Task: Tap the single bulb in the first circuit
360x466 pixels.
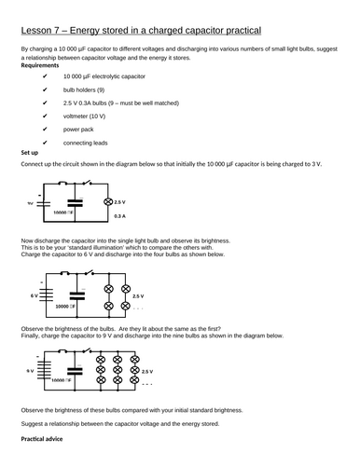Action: [106, 202]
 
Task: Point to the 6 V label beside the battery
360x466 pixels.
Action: [33, 295]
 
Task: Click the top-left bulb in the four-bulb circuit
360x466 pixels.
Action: [108, 290]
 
